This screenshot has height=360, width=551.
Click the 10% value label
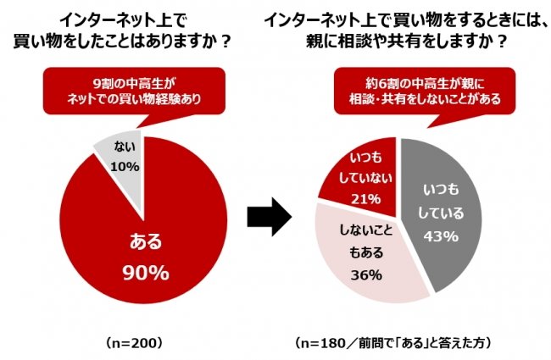click(x=124, y=167)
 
